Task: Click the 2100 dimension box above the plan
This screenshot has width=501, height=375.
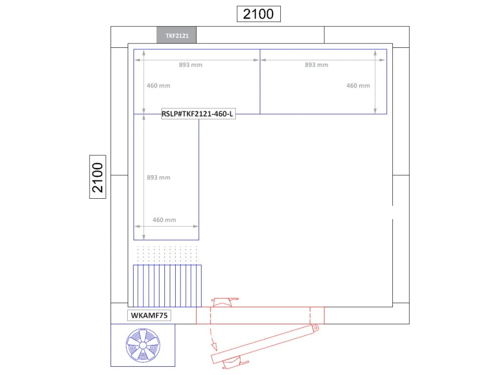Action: (258, 14)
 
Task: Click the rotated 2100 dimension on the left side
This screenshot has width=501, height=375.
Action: (97, 177)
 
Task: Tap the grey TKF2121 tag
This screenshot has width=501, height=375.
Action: (176, 35)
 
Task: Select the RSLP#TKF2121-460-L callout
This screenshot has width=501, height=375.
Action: (199, 114)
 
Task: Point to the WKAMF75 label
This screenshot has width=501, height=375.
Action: (149, 315)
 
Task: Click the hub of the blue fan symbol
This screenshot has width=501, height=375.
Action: (143, 346)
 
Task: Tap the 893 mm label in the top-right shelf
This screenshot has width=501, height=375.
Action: (317, 65)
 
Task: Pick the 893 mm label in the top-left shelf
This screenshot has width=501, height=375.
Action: (190, 65)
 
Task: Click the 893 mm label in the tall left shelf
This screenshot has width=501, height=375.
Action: (159, 177)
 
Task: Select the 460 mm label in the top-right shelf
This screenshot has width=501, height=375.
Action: (358, 85)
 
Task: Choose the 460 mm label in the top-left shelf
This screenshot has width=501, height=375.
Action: (159, 85)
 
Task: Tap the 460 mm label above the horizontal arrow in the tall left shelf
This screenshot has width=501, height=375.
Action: (164, 220)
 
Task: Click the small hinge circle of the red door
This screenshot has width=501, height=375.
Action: (316, 328)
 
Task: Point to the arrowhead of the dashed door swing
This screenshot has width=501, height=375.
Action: (214, 347)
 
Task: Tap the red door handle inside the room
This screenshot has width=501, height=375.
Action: (225, 302)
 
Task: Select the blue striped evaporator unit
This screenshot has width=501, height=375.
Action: (167, 286)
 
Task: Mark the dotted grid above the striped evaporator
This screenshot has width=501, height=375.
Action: (167, 253)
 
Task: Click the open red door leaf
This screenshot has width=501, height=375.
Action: (265, 344)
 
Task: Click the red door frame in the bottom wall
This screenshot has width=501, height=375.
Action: (260, 315)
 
